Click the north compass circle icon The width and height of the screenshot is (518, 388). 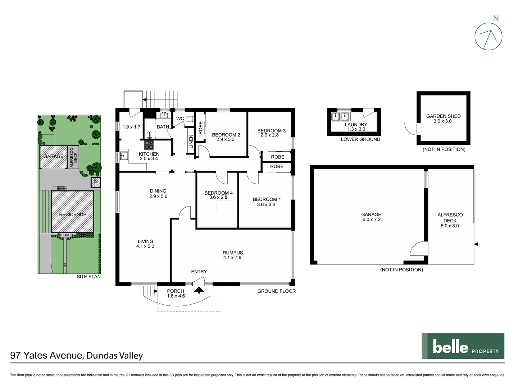(x=488, y=36)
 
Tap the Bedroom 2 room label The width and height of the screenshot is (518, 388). (x=226, y=137)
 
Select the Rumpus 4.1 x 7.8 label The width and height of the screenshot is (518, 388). (x=232, y=255)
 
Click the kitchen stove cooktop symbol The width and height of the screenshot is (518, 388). (x=149, y=145)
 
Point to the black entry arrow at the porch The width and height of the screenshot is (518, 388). (x=199, y=290)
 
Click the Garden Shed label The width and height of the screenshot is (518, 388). (x=443, y=119)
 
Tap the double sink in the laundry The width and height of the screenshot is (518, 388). (x=340, y=116)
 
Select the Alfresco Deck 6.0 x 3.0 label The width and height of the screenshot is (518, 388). (x=450, y=220)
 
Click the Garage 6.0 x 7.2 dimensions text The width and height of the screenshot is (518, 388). (x=371, y=220)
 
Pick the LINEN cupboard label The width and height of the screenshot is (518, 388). (x=191, y=142)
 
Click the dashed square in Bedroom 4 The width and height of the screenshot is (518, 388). (x=224, y=207)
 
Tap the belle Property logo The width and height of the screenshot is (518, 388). (x=463, y=346)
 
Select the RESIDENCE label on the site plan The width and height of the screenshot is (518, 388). (x=73, y=214)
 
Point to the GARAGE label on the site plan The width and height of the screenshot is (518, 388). (x=53, y=156)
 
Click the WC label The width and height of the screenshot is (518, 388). (x=180, y=119)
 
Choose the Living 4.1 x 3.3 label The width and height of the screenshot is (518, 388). (x=145, y=244)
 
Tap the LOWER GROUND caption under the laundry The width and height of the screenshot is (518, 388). (x=360, y=139)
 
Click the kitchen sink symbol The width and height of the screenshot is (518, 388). (x=124, y=156)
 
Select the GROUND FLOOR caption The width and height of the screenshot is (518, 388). (x=276, y=291)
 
